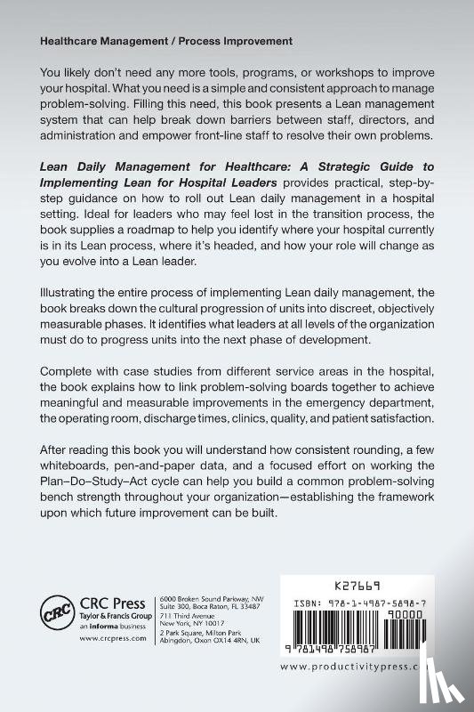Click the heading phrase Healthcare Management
coord(100,42)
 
